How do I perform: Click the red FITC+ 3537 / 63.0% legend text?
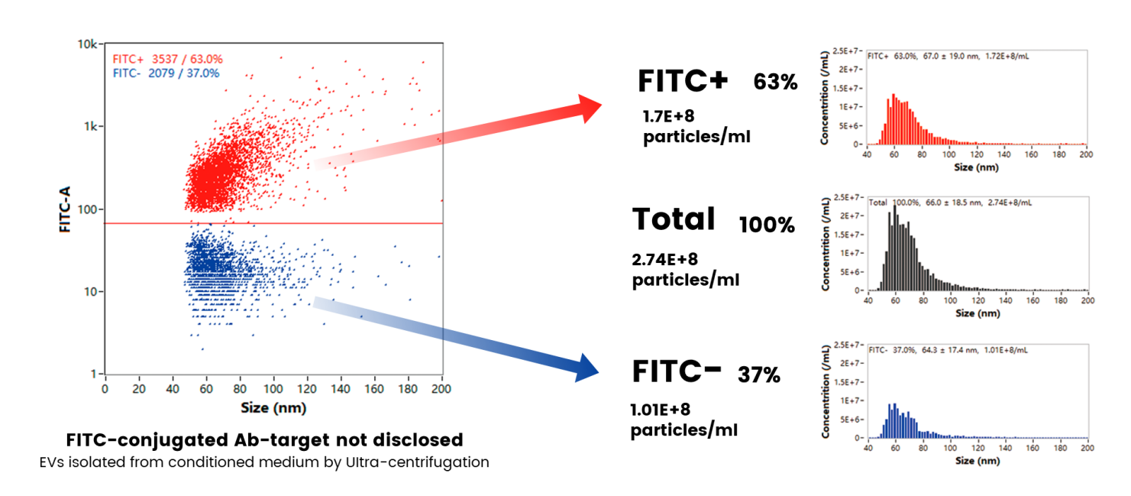[x=167, y=60]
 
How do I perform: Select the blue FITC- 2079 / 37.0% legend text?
[x=166, y=73]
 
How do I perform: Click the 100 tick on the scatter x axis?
[x=273, y=387]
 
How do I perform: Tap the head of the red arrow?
[x=592, y=109]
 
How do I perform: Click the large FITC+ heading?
[x=683, y=81]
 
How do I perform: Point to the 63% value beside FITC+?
[x=775, y=83]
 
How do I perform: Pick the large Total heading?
[x=674, y=219]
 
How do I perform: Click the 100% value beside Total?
[x=767, y=225]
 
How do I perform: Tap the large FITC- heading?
[x=677, y=371]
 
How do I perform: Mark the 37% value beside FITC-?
[x=758, y=375]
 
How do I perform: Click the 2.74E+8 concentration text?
[x=665, y=260]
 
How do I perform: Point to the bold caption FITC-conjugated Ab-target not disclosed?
[x=264, y=440]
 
